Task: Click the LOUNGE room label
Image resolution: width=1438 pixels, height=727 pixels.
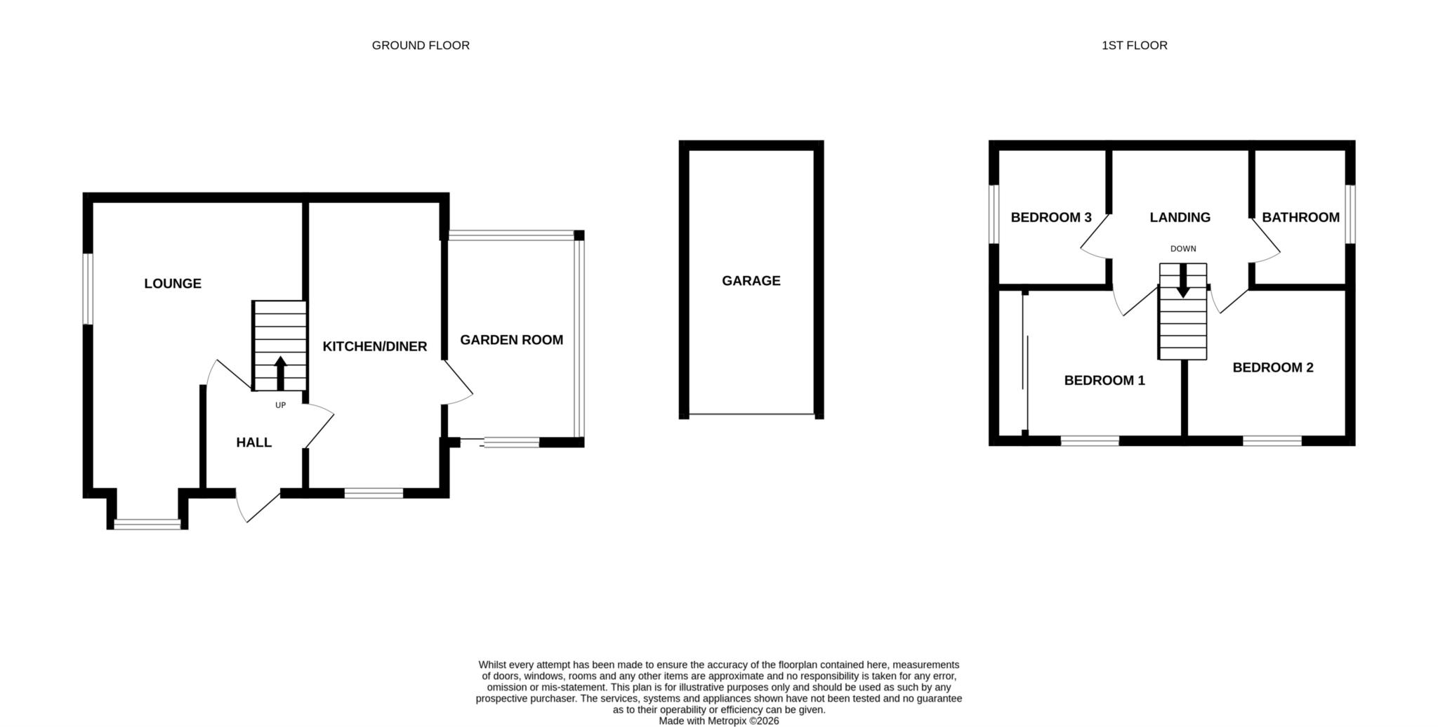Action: click(x=173, y=284)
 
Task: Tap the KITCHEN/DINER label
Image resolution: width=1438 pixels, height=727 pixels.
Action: click(x=375, y=346)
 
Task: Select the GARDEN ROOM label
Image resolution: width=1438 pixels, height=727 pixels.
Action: click(x=512, y=340)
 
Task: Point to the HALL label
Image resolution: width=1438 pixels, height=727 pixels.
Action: click(x=253, y=443)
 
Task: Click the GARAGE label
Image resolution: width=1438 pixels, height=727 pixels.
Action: click(x=751, y=281)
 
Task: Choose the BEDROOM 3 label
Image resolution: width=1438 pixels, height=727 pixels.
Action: click(x=1051, y=218)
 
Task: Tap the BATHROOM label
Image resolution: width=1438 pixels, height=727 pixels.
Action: click(x=1301, y=218)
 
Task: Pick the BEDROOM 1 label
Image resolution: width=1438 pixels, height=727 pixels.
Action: click(x=1104, y=381)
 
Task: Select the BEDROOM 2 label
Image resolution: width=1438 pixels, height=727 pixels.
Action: click(x=1273, y=367)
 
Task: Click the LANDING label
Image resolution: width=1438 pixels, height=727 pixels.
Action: click(x=1180, y=218)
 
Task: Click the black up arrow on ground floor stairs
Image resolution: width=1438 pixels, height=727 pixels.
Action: click(x=280, y=373)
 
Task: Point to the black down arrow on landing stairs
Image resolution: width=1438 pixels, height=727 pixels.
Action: click(x=1183, y=280)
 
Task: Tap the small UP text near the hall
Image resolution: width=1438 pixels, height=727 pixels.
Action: click(x=281, y=405)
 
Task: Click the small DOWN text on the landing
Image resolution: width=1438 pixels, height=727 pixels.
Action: click(x=1183, y=249)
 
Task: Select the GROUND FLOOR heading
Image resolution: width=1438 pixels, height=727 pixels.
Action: click(x=421, y=46)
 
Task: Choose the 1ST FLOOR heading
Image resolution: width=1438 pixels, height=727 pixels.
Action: click(x=1135, y=46)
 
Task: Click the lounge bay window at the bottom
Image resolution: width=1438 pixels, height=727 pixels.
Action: click(x=147, y=523)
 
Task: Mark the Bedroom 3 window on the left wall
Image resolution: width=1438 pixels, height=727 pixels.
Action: click(x=994, y=214)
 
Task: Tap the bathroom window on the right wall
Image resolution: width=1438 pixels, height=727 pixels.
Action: click(x=1350, y=214)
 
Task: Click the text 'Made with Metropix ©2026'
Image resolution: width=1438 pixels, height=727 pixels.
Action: click(x=719, y=721)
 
